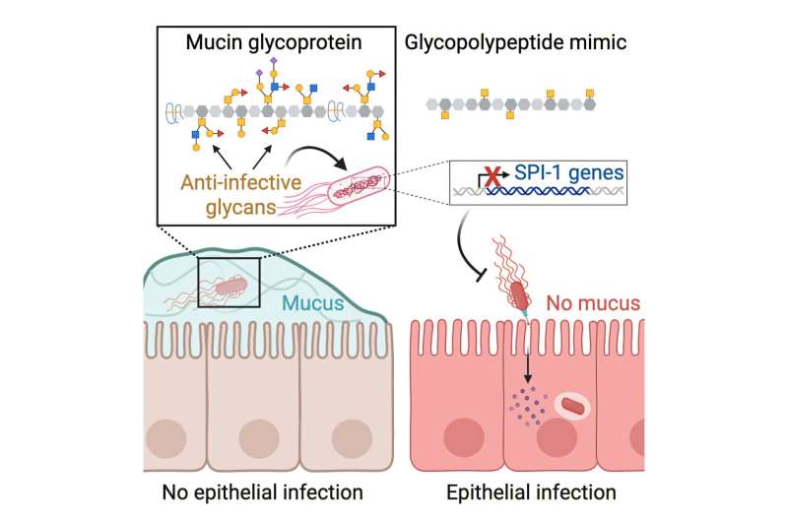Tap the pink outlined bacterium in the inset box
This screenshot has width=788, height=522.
(359, 186)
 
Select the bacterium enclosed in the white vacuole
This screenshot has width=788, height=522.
(577, 406)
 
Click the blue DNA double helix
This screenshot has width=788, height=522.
(537, 195)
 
